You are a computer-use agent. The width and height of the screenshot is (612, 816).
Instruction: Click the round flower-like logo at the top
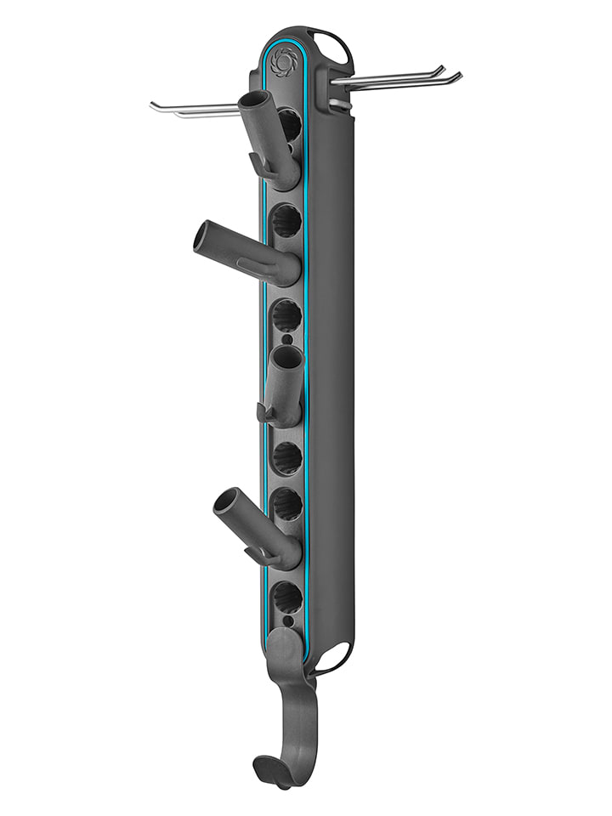point(280,60)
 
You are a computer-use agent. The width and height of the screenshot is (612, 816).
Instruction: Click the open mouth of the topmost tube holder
point(252,99)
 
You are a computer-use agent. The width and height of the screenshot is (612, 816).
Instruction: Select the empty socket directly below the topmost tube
point(286,224)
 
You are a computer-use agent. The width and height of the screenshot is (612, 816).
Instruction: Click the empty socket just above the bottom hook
point(286,598)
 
